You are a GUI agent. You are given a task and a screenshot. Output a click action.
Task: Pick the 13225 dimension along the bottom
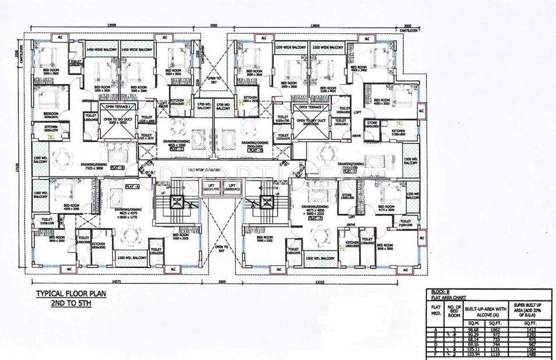click(318, 281)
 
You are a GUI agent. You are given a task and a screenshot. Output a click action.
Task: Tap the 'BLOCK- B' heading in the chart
click(440, 291)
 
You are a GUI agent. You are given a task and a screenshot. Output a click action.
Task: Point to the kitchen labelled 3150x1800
click(398, 132)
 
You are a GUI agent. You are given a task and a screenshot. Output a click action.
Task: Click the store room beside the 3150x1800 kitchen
click(372, 124)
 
